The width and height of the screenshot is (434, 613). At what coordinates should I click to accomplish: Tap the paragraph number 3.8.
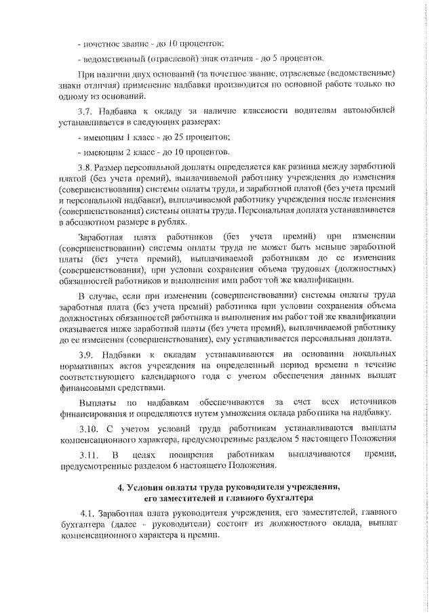(x=86, y=167)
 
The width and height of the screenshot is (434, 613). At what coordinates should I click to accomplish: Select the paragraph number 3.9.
(x=86, y=355)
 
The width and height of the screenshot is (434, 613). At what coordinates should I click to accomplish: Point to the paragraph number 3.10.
(x=88, y=428)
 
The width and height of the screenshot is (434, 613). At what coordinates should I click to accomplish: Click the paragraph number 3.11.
(x=88, y=454)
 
